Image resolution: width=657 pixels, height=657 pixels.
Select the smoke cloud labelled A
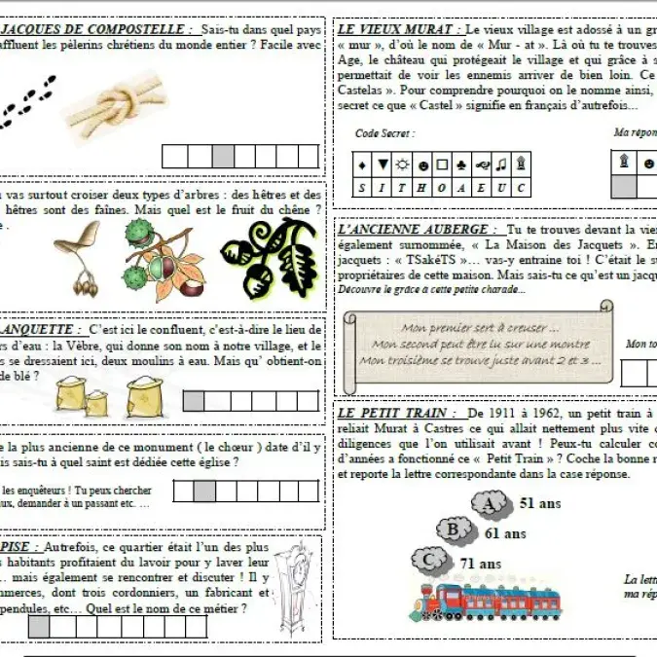[493, 503]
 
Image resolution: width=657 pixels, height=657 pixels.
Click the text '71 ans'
[480, 564]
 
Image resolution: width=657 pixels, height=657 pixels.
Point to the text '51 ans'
[540, 503]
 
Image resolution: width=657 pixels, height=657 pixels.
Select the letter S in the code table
[361, 187]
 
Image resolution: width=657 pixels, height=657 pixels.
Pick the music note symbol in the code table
[500, 164]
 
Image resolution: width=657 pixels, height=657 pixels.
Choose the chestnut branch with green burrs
[159, 257]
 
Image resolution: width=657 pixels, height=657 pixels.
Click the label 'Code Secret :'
[384, 133]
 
